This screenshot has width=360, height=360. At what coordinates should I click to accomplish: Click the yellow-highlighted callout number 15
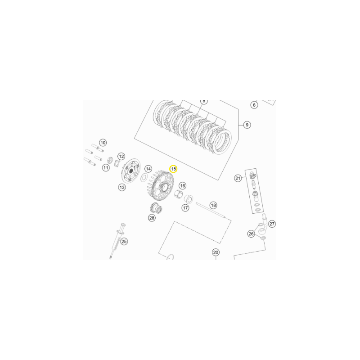pos(173,169)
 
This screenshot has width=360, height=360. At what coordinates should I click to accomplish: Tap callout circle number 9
pos(247,125)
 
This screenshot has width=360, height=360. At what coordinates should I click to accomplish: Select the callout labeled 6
pos(254,105)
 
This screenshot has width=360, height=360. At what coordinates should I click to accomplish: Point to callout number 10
pos(103,143)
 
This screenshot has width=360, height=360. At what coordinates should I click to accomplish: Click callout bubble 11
pos(106,168)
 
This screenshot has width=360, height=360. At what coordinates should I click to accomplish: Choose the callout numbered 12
pos(121,156)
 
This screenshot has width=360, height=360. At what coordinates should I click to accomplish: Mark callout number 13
pos(122,187)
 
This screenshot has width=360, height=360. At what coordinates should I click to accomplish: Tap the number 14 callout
pos(148,169)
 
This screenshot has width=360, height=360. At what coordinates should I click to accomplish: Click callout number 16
pos(183,185)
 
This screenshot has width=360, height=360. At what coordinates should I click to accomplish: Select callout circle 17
pos(185,208)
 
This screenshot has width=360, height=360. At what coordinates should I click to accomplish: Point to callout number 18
pos(213,205)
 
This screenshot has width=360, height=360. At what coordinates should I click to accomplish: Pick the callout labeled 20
pos(216,252)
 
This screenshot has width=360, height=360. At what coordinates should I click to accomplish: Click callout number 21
pos(238,178)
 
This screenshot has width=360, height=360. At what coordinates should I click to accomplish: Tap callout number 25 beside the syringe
pos(124,241)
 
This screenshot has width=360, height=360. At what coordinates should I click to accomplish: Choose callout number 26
pos(251,234)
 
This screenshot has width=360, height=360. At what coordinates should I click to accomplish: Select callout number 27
pos(272,224)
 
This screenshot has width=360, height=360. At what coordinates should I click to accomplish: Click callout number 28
pos(152,218)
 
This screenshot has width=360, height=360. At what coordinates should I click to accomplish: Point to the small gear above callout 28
pos(156,208)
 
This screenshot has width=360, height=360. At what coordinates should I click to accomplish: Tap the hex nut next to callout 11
pos(110,160)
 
